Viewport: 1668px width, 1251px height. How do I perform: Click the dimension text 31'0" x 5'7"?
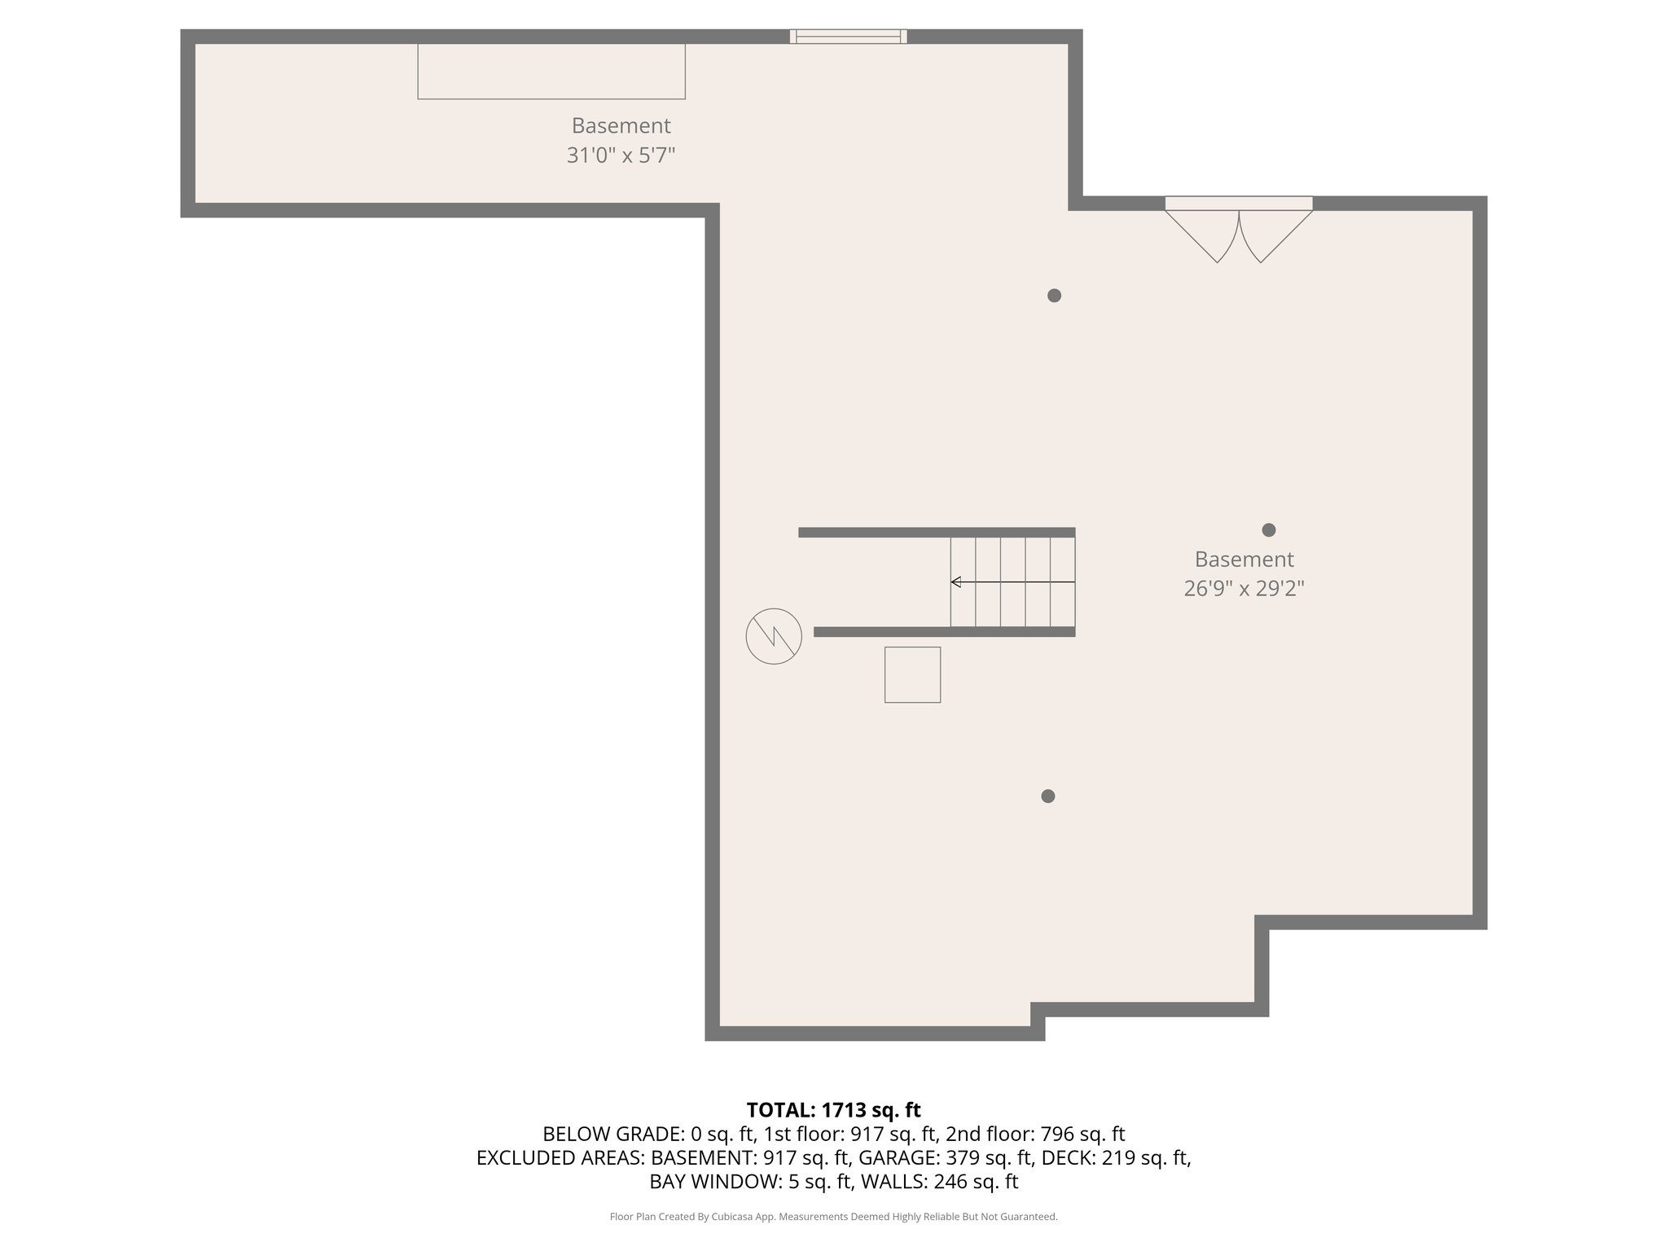coord(621,155)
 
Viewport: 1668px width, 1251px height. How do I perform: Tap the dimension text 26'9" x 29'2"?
coord(1244,588)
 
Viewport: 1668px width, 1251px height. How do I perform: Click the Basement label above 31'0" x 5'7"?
coord(621,126)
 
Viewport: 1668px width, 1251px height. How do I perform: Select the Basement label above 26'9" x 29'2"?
coord(1244,560)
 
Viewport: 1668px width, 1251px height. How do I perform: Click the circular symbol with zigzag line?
coord(774,636)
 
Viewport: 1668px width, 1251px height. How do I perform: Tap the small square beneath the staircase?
coord(912,674)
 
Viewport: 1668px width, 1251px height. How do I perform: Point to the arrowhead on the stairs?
coord(956,582)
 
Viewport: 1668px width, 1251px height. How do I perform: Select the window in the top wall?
coord(848,36)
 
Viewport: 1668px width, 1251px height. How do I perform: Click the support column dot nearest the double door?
coord(1054,296)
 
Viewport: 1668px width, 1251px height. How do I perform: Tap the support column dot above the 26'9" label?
coord(1268,530)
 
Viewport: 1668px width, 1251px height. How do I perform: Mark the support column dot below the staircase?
coord(1048,796)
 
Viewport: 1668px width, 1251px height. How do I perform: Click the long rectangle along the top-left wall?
coord(551,72)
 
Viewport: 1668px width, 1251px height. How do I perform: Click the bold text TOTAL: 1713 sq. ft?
coord(833,1110)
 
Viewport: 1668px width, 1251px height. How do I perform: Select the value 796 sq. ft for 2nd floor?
coord(1082,1134)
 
